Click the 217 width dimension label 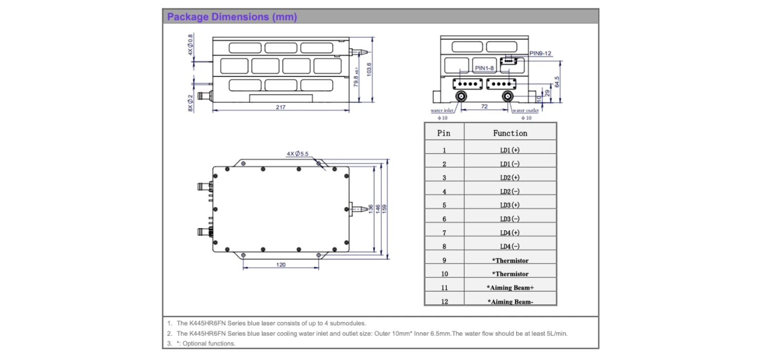tap(281, 107)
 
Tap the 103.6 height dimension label tap(369, 69)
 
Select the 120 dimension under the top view tap(281, 264)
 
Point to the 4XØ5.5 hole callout tap(298, 153)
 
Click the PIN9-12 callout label tap(540, 54)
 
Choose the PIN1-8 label tap(484, 68)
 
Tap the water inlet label tap(442, 110)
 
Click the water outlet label tap(525, 110)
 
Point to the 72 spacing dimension tap(484, 107)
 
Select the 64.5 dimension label tap(557, 82)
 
